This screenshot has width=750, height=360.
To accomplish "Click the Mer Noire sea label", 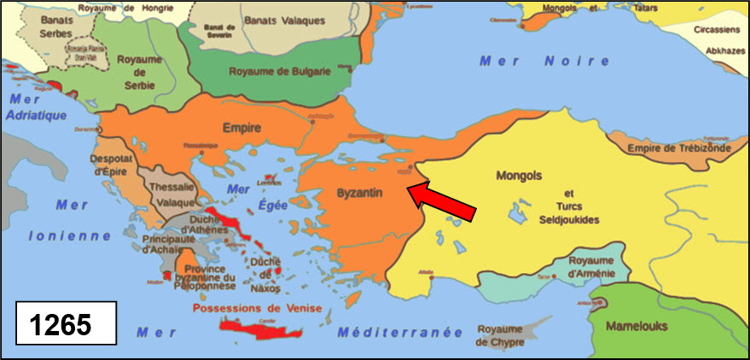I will point(544,61).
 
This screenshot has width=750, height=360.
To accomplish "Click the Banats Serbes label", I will point(44,26).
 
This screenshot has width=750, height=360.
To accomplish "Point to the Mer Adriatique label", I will point(36,107).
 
